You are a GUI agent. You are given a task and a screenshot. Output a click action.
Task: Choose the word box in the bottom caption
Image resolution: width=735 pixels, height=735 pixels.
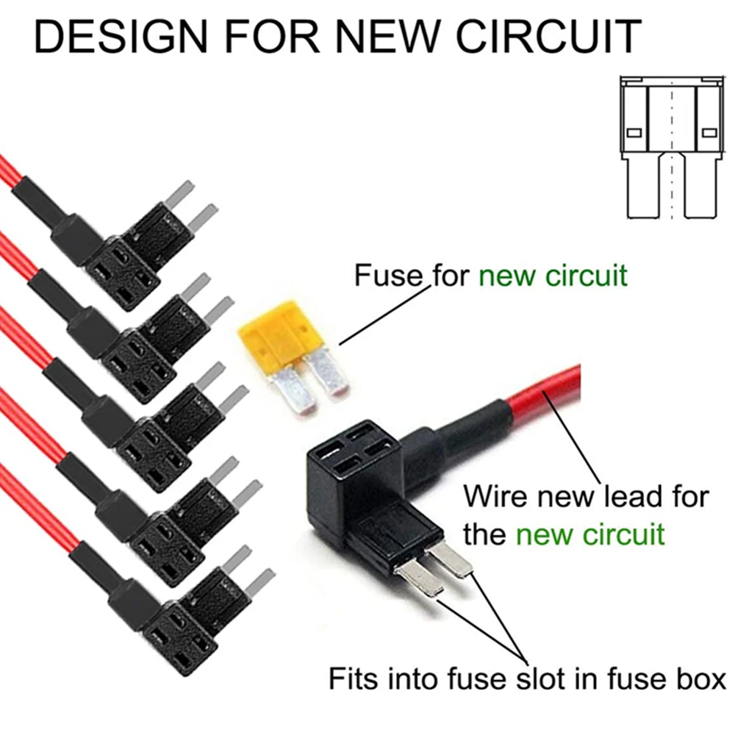[699, 678]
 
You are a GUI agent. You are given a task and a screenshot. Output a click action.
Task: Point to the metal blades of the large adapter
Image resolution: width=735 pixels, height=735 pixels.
[434, 570]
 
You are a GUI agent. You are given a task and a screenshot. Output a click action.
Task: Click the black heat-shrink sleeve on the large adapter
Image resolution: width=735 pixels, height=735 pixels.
[470, 434]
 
